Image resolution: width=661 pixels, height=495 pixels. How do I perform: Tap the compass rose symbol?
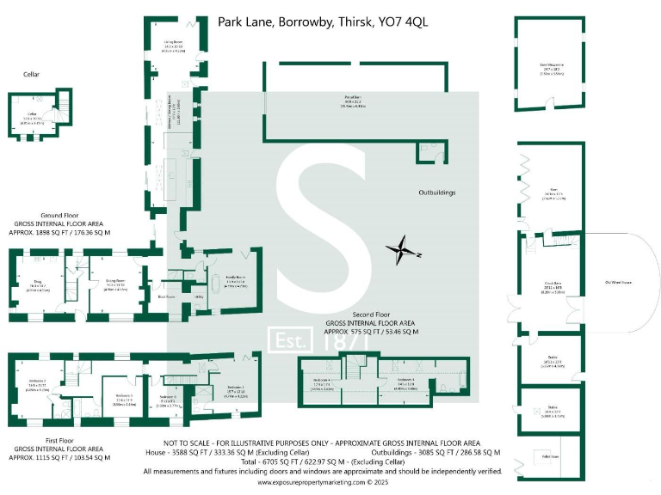point(401,251)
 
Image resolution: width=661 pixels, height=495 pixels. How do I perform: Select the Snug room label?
point(38,280)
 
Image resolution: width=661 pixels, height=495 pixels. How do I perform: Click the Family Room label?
point(235,280)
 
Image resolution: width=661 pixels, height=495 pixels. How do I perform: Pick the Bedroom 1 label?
point(236,387)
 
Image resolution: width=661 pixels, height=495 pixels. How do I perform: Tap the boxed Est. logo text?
point(292,341)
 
